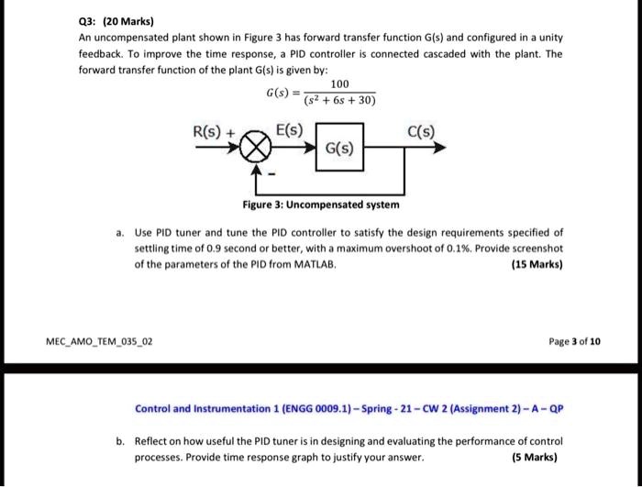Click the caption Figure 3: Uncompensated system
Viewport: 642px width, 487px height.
(320, 205)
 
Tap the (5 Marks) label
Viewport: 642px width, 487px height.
(534, 458)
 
